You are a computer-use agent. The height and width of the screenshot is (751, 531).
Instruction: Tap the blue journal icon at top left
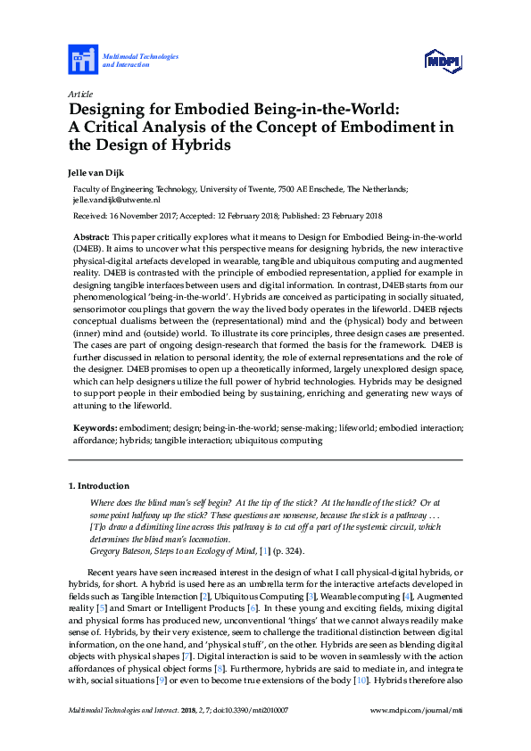(x=83, y=61)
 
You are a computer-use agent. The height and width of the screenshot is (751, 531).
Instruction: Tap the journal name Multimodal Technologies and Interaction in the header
(x=141, y=61)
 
